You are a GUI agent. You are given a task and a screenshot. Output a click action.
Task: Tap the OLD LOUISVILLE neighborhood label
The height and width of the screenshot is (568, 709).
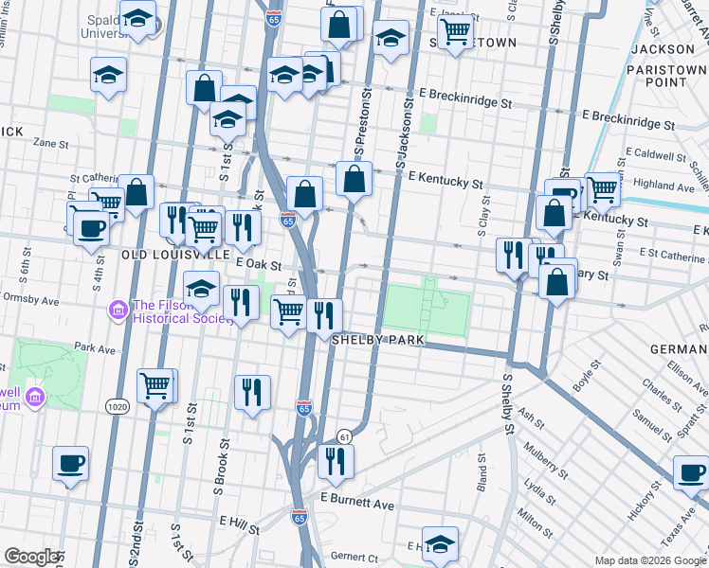click(175, 255)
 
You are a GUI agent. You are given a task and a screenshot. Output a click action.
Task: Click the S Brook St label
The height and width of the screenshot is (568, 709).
click(221, 465)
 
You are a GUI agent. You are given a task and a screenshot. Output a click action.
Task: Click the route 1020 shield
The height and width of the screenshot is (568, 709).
click(118, 406)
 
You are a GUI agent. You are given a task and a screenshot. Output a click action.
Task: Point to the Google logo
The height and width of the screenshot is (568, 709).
click(31, 557)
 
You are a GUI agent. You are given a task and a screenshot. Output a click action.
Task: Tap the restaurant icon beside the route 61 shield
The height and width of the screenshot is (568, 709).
click(336, 461)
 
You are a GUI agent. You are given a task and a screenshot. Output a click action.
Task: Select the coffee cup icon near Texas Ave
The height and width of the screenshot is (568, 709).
click(691, 472)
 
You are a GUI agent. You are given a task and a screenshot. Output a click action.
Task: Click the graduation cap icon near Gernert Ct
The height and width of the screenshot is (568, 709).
click(440, 543)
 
